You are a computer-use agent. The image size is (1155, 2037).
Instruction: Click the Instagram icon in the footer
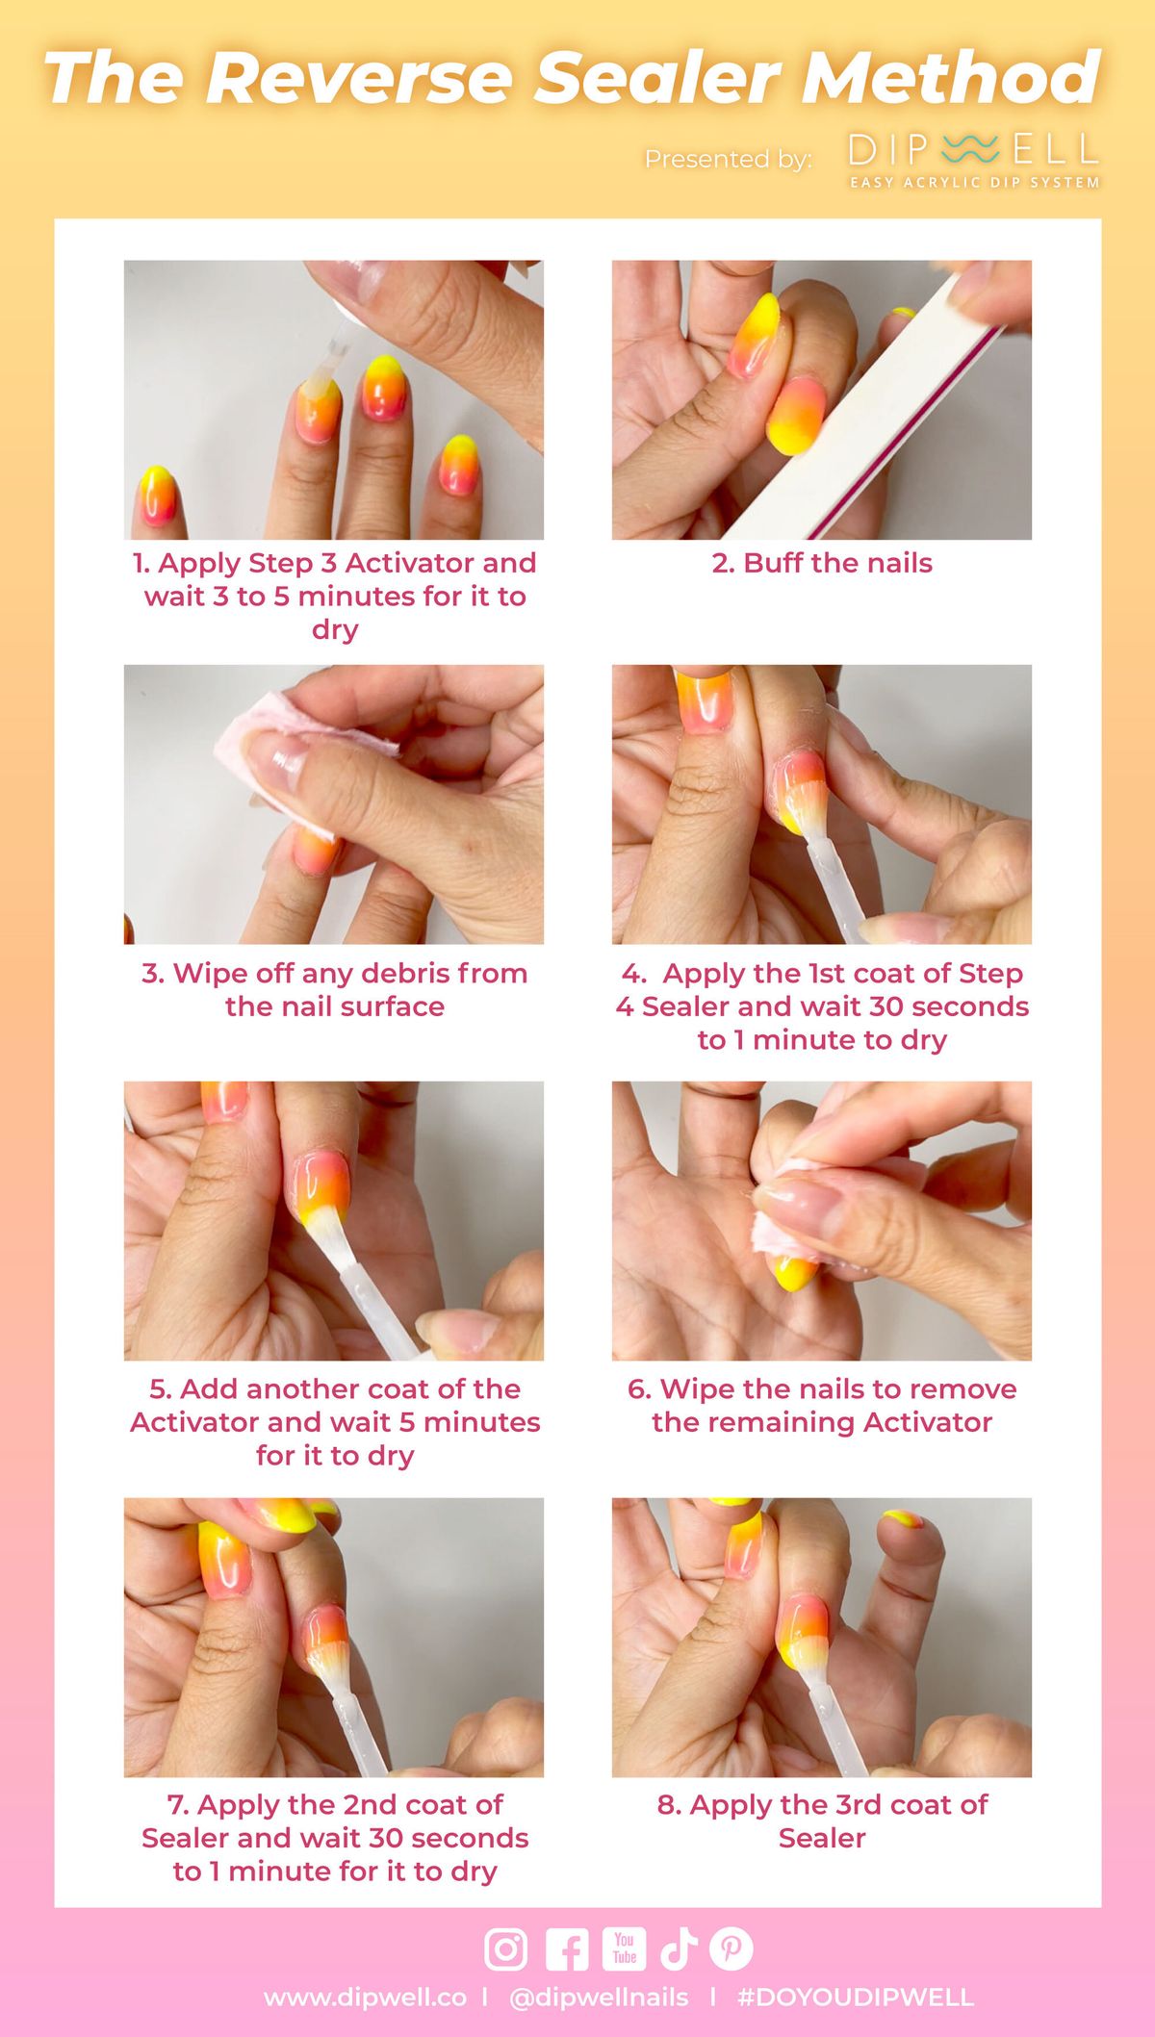505,1949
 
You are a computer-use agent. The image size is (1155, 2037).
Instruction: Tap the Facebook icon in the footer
567,1949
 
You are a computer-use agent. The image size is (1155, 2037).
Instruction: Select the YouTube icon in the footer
625,1948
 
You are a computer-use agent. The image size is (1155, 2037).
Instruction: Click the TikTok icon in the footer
679,1949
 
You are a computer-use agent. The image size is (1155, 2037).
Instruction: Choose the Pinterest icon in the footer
731,1949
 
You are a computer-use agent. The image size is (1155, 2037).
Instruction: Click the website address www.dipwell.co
365,1998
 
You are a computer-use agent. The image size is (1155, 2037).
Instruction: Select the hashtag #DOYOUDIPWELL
856,1998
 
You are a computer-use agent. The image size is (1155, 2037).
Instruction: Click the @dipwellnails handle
599,1998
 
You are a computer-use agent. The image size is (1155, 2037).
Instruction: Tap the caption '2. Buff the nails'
822,563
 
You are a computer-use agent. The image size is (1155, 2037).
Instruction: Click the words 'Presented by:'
729,159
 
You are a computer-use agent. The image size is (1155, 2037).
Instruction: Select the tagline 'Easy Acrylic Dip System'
974,182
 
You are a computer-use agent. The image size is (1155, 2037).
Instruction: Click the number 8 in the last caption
667,1804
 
